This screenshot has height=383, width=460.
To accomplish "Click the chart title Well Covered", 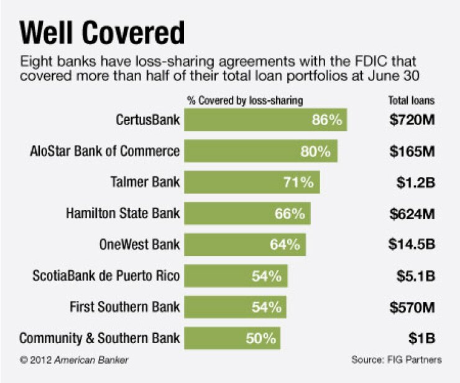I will click(103, 32).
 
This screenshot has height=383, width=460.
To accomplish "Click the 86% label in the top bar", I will click(327, 120).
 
